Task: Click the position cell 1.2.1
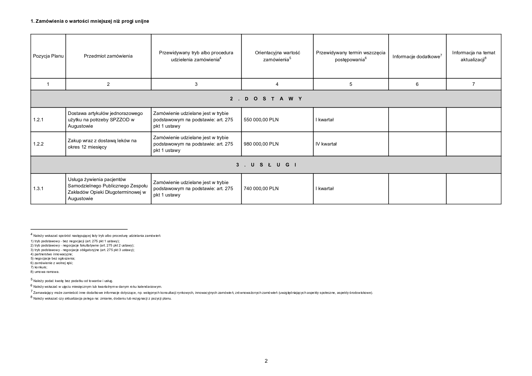tap(38, 120)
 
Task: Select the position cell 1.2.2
tap(38, 144)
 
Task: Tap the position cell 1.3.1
tap(38, 189)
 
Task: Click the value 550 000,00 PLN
tap(261, 120)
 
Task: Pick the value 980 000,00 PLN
tap(261, 144)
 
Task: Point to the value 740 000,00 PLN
tap(261, 189)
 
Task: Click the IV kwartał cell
tap(326, 144)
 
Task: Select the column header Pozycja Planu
tap(48, 56)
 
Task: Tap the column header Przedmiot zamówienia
tap(108, 56)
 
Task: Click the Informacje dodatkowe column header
tap(417, 56)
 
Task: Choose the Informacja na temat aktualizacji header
tap(473, 56)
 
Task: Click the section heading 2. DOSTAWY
tap(266, 99)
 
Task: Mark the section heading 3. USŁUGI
tap(266, 165)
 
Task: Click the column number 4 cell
tap(277, 84)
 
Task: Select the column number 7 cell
tap(473, 84)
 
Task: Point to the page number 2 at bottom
tap(266, 361)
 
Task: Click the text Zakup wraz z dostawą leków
tap(102, 141)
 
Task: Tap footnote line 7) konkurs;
tap(39, 267)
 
